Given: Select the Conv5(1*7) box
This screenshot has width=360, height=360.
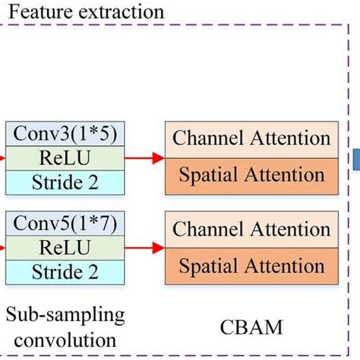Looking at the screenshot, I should tap(64, 225).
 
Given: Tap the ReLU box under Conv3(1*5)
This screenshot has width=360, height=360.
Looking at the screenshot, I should tap(64, 158).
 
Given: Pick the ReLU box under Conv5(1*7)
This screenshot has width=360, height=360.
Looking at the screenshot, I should tap(64, 248).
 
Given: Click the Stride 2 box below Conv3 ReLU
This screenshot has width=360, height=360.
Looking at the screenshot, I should tap(64, 181).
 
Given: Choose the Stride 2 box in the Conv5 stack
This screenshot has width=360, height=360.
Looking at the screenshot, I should tap(64, 270).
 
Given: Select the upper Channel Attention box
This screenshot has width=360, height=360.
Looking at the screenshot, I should tap(251, 139).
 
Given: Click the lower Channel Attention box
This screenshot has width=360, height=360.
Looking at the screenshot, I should tap(251, 228).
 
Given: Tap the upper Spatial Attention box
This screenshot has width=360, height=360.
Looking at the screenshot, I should tap(251, 175).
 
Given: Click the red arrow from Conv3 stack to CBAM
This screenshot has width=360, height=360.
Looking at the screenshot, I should tap(144, 158).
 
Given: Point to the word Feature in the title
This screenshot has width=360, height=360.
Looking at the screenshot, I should tap(34, 12).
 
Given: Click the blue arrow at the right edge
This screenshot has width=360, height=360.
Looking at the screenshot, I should tap(355, 158).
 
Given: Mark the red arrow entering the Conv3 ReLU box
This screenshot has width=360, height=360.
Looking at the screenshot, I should tap(3, 158).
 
